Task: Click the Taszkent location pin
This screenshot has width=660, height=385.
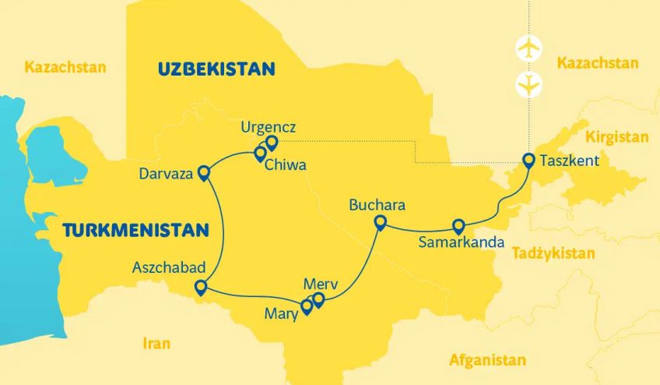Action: click(528, 161)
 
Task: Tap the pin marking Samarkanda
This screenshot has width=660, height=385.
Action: click(458, 226)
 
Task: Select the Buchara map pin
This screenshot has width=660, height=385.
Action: click(381, 223)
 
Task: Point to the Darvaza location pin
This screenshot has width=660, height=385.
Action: click(205, 172)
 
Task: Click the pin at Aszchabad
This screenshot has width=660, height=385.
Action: click(201, 287)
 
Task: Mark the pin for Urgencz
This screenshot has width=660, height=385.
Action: click(272, 142)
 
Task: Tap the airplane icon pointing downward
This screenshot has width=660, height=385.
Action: click(528, 83)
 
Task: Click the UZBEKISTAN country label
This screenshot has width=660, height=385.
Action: click(216, 69)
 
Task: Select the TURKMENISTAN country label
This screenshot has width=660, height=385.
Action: click(136, 230)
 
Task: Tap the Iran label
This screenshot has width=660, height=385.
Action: click(156, 343)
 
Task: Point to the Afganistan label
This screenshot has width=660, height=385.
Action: click(487, 360)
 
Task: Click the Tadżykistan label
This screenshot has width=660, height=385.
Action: click(553, 253)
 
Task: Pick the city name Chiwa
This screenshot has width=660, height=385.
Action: click(285, 165)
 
